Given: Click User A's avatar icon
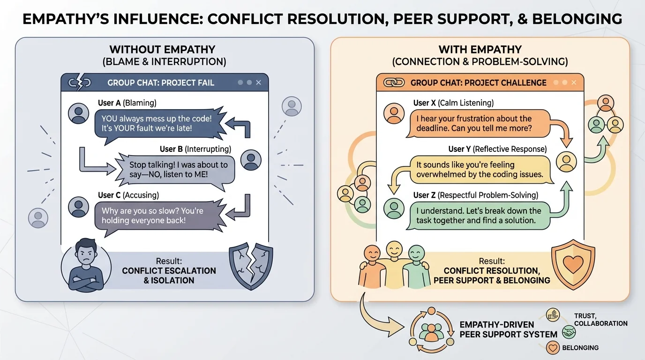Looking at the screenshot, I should (78, 113).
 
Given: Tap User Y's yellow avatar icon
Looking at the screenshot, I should (566, 162).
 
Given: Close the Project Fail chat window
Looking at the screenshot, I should (259, 82).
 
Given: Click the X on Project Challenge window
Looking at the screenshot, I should (574, 83).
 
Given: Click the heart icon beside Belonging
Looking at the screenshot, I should (553, 348).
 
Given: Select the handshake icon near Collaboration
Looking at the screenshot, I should (569, 332).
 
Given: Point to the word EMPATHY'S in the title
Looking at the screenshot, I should (76, 19).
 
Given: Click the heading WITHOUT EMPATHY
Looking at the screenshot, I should (162, 50).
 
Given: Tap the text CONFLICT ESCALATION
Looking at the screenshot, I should (169, 271).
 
